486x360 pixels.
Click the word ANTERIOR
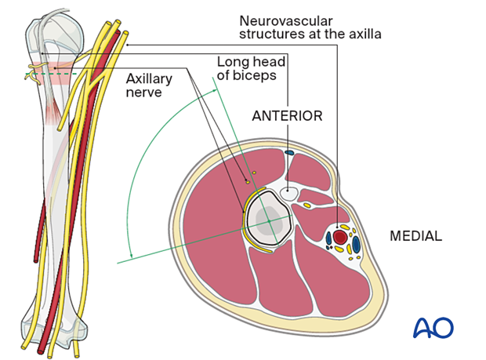pos(287,116)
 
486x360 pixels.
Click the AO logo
pos(433,328)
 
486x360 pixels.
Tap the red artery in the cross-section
pos(340,236)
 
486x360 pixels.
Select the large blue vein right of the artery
pos(356,244)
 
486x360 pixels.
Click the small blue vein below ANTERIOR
pos(289,152)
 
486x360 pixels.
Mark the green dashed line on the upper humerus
pos(47,75)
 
